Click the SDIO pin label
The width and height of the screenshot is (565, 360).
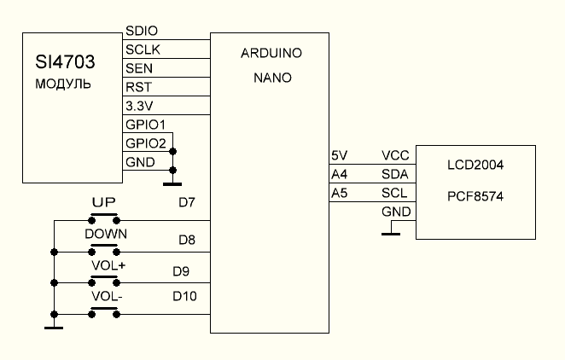(142, 31)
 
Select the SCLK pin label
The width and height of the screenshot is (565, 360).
(143, 49)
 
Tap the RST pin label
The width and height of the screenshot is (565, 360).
(137, 87)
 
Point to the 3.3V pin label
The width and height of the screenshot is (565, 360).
(140, 106)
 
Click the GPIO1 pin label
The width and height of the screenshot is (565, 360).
(145, 125)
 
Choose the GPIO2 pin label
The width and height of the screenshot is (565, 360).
(145, 142)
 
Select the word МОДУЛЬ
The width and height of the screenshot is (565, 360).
(62, 85)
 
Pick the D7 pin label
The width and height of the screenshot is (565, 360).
(187, 203)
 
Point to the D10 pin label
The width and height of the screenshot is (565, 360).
(184, 296)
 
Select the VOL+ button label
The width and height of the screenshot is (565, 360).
(107, 264)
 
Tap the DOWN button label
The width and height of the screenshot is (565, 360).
(107, 234)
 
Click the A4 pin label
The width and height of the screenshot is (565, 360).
(339, 174)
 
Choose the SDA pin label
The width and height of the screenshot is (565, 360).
(394, 174)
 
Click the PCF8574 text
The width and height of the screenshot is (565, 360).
(475, 196)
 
